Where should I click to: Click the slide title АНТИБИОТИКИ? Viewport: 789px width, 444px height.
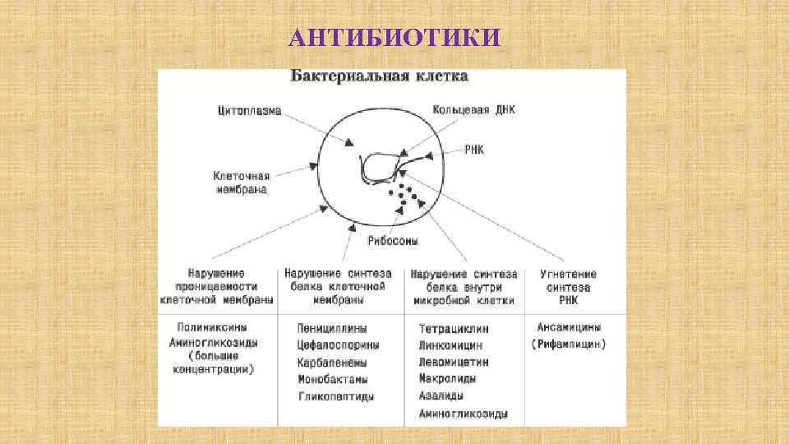[394, 38]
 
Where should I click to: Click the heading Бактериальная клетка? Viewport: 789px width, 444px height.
[379, 76]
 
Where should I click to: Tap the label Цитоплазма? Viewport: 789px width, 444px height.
[250, 109]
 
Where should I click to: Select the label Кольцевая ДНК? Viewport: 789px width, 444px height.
[474, 109]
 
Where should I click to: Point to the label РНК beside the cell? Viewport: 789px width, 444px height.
[474, 150]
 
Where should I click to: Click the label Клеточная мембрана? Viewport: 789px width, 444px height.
[240, 182]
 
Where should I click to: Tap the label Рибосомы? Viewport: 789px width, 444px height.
[392, 241]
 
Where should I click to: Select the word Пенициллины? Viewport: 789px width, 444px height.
[332, 329]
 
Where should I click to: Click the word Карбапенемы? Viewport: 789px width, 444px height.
[332, 363]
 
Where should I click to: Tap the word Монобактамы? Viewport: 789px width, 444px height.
[332, 380]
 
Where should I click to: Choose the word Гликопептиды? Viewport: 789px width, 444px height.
[336, 396]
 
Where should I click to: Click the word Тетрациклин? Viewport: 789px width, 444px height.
[453, 329]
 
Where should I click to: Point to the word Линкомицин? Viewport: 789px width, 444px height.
[450, 346]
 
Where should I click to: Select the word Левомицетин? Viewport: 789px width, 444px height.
[453, 363]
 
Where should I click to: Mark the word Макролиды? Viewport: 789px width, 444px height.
[447, 379]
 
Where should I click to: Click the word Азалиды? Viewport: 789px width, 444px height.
[441, 396]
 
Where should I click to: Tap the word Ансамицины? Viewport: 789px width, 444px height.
[569, 327]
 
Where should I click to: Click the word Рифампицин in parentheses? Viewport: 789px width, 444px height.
[569, 345]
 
